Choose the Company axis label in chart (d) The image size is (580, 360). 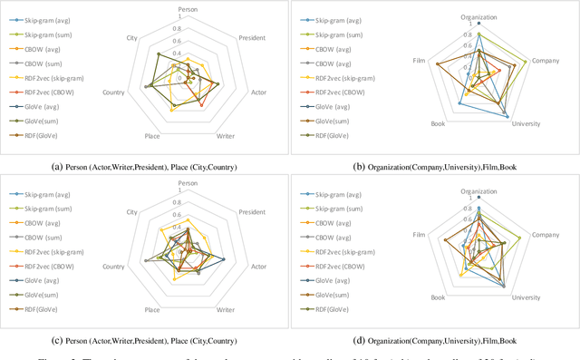[546, 235]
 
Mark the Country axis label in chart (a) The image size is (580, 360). [114, 92]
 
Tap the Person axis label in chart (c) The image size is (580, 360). [188, 184]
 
